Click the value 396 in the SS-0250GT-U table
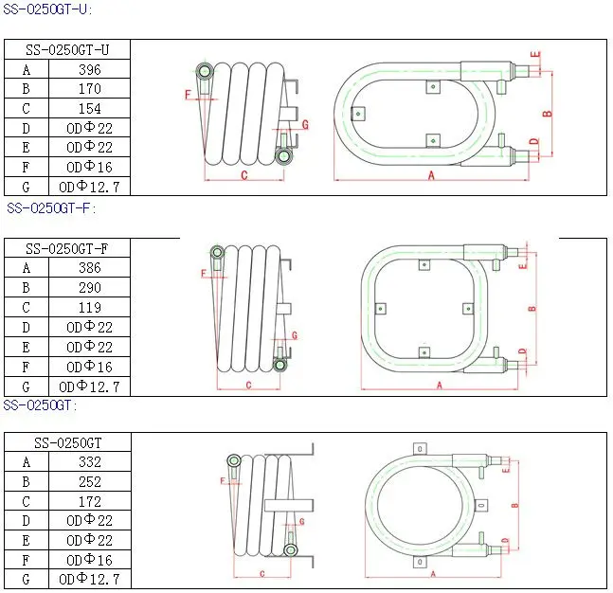tap(89, 69)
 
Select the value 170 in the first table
tap(89, 89)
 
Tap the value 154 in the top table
tap(89, 108)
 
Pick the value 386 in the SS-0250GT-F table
tap(89, 268)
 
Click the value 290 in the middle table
tap(89, 288)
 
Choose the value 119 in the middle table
tap(89, 308)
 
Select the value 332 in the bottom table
tap(89, 462)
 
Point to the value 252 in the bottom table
tap(89, 481)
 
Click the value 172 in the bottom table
tap(89, 501)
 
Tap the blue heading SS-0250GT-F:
tap(51, 208)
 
